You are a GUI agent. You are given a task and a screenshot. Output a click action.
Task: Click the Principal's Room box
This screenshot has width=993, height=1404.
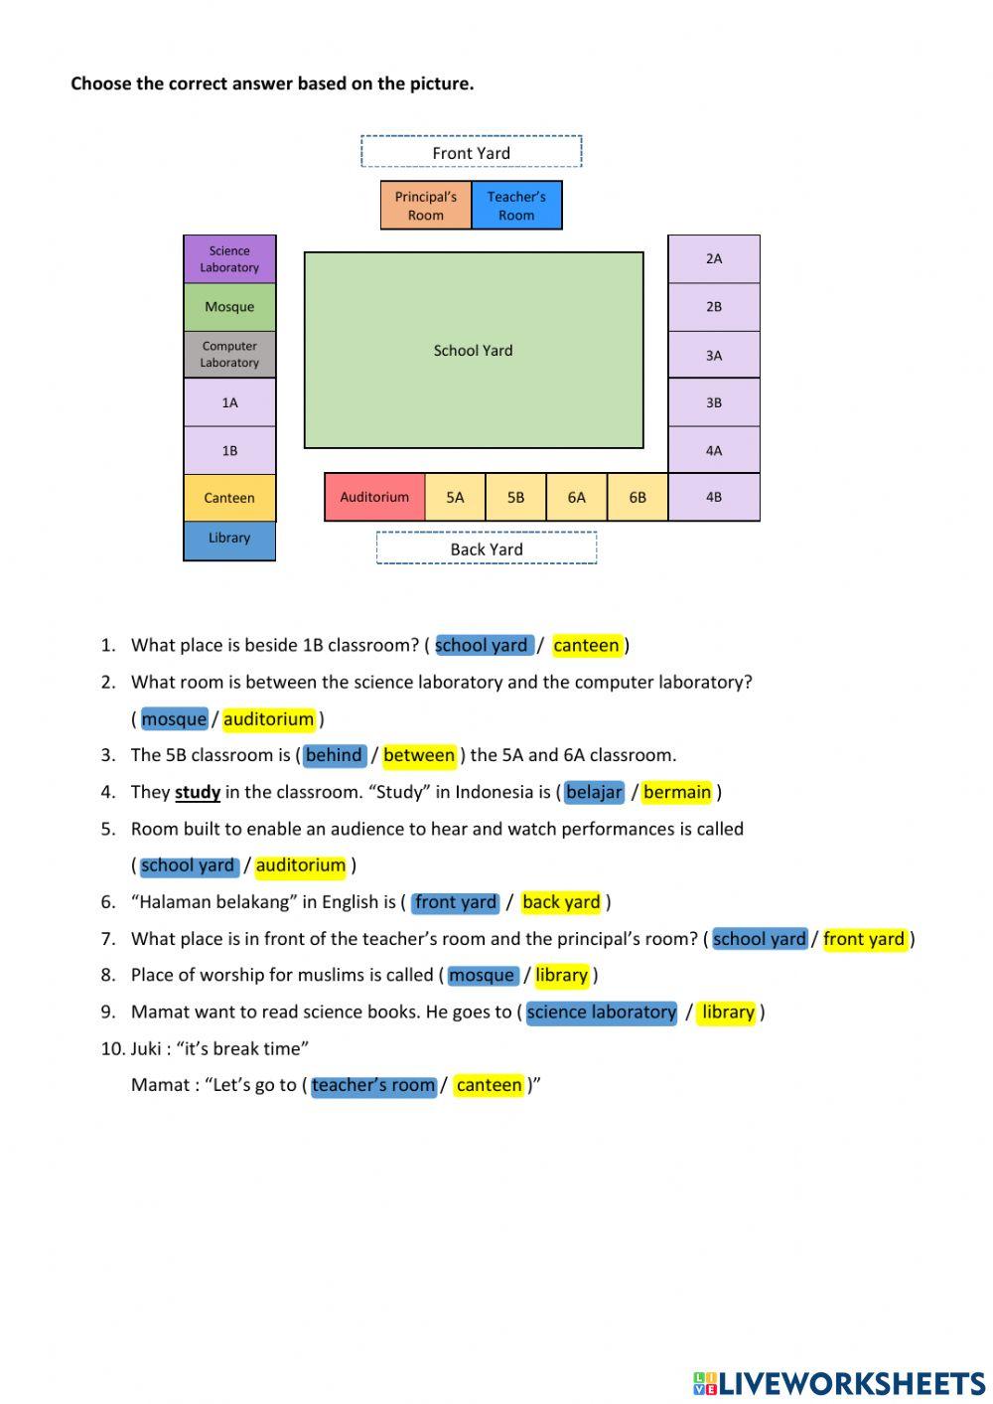(425, 206)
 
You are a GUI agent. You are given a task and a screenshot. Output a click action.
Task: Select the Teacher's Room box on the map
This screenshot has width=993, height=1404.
(516, 206)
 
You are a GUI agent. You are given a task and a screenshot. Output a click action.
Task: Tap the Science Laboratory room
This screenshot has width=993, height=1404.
(229, 259)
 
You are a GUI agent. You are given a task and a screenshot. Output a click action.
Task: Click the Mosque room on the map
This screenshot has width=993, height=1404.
(229, 307)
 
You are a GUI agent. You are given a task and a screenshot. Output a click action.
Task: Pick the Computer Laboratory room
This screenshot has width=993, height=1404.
(229, 355)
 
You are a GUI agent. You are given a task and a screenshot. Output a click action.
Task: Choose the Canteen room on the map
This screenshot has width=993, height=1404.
(229, 498)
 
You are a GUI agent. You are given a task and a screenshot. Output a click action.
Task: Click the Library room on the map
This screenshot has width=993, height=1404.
(229, 540)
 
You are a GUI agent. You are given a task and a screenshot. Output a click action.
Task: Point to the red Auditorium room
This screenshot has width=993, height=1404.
(374, 497)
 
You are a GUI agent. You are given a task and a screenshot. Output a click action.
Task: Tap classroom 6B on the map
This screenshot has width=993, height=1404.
(638, 497)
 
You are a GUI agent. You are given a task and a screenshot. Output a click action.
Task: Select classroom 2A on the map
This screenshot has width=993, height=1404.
(714, 259)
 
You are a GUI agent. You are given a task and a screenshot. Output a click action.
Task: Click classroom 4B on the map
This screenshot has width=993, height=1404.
(714, 497)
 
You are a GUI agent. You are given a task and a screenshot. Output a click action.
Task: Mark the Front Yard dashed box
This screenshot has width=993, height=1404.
(471, 152)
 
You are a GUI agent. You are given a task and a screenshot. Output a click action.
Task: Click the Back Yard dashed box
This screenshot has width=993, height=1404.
(487, 548)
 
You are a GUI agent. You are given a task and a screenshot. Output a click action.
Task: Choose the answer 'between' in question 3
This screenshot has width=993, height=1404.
(419, 755)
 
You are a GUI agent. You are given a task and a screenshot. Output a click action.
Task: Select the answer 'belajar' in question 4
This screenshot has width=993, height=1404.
(594, 792)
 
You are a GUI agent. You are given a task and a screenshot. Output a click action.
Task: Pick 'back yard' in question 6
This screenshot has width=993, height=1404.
(561, 902)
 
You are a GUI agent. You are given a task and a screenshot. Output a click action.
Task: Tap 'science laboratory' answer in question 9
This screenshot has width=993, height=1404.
(602, 1013)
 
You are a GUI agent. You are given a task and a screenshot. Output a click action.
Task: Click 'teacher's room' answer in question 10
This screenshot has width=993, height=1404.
(373, 1086)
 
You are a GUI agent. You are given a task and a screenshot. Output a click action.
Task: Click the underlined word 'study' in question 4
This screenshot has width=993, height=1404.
(198, 793)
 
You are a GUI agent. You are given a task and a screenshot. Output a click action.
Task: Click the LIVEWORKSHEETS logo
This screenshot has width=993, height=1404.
(839, 1383)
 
